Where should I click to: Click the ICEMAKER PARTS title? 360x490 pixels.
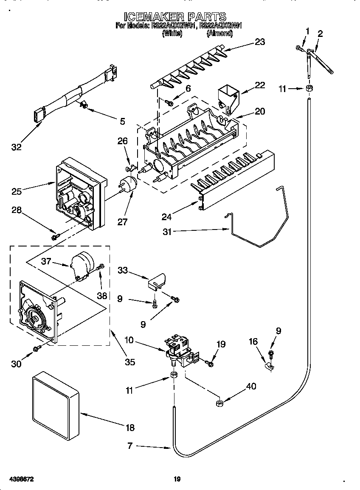click(x=175, y=17)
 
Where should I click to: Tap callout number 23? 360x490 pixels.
click(x=259, y=42)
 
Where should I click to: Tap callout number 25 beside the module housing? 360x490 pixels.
click(x=17, y=192)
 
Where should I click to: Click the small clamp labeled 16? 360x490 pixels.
click(x=268, y=364)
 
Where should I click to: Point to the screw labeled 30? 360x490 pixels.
click(x=37, y=348)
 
